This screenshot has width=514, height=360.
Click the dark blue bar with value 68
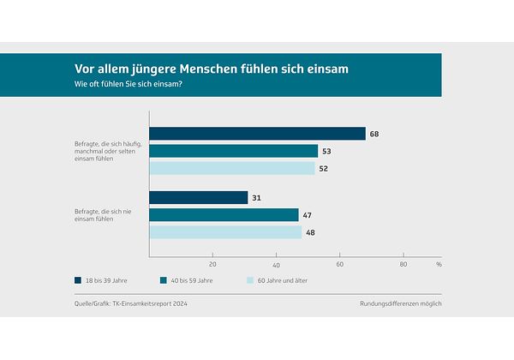pyautogui.click(x=257, y=134)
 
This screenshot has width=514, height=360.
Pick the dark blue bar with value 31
pyautogui.click(x=198, y=198)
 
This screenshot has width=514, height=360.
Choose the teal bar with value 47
pyautogui.click(x=224, y=215)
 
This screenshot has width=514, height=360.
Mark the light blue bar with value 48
pyautogui.click(x=225, y=232)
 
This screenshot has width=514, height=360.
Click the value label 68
pyautogui.click(x=374, y=134)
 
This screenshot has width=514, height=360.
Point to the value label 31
pyautogui.click(x=256, y=198)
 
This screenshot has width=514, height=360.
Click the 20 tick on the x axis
pyautogui.click(x=212, y=264)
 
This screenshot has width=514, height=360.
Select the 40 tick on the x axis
pyautogui.click(x=276, y=264)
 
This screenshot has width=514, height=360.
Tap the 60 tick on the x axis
pyautogui.click(x=340, y=264)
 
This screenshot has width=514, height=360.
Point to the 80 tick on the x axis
pyautogui.click(x=403, y=264)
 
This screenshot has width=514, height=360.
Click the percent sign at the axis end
pyautogui.click(x=438, y=264)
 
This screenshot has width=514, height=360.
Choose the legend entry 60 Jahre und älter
pyautogui.click(x=287, y=280)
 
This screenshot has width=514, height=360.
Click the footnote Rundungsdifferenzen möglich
pyautogui.click(x=401, y=303)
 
